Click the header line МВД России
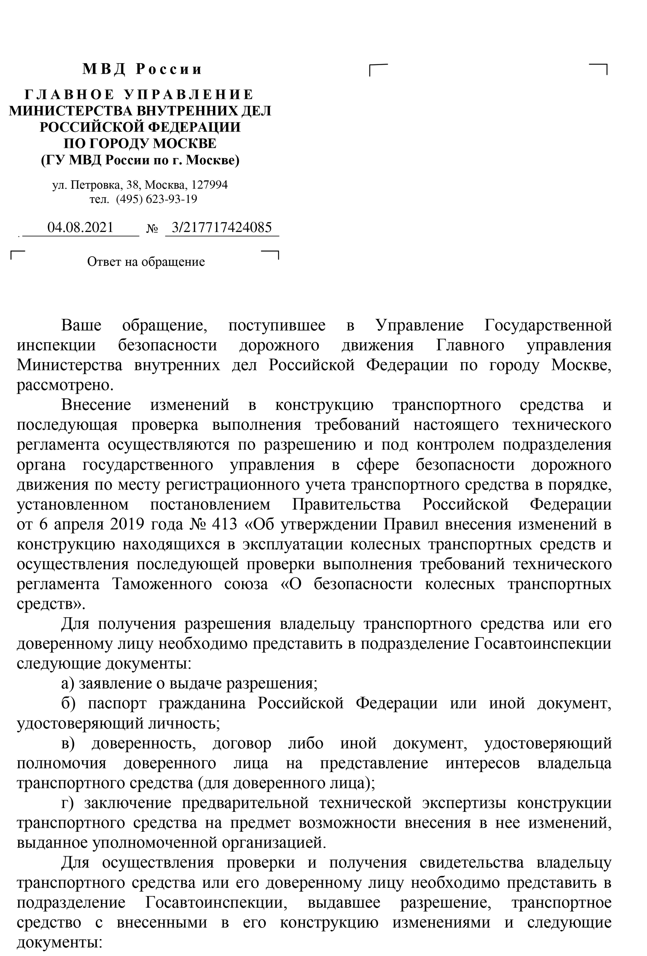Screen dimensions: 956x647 pyautogui.click(x=142, y=69)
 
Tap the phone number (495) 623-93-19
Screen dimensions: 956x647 pyautogui.click(x=156, y=199)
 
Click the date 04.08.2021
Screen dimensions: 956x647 pyautogui.click(x=80, y=228)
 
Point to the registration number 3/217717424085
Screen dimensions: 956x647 pyautogui.click(x=221, y=228)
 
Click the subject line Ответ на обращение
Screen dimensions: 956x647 pyautogui.click(x=146, y=262)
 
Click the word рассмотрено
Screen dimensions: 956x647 pyautogui.click(x=64, y=386)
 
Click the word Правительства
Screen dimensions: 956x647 pyautogui.click(x=346, y=504)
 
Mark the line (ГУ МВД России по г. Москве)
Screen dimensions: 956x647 pyautogui.click(x=140, y=160)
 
